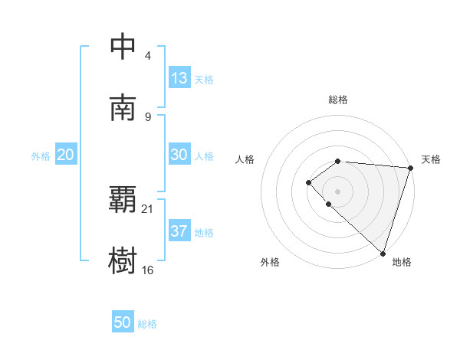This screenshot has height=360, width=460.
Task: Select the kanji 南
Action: (x=123, y=108)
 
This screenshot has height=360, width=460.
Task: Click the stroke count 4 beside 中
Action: (x=147, y=56)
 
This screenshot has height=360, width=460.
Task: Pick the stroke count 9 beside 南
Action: (x=147, y=116)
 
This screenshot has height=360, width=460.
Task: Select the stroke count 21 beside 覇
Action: (x=148, y=208)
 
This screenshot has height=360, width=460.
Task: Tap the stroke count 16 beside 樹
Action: (x=148, y=270)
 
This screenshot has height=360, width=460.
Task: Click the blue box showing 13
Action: (x=179, y=77)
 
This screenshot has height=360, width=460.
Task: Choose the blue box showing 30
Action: (x=179, y=155)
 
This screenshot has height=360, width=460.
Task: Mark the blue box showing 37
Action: (x=179, y=231)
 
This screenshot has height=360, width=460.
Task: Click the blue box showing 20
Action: (x=65, y=155)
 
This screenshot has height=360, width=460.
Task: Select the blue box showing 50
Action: (x=123, y=322)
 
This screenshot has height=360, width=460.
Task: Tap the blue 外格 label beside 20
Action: (x=41, y=156)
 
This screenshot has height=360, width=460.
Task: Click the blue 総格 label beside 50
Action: (x=147, y=324)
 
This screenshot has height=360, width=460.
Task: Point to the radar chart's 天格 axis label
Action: (x=431, y=159)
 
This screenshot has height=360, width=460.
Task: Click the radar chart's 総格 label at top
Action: (x=338, y=100)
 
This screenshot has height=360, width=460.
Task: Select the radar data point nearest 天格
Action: (x=410, y=168)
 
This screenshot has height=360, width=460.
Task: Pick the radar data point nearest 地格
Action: (x=383, y=253)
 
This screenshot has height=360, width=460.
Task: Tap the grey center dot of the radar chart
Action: (x=337, y=191)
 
